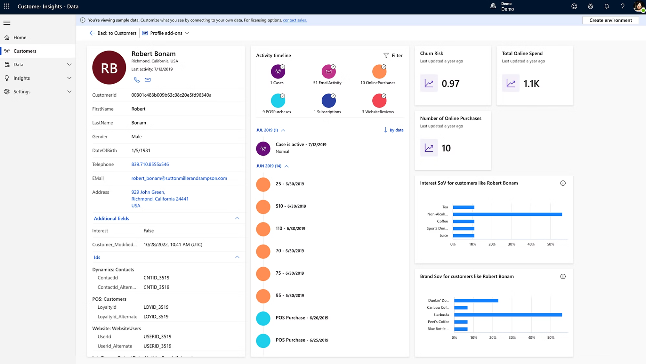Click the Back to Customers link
click(x=113, y=33)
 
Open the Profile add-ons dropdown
click(x=166, y=33)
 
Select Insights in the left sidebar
click(x=22, y=78)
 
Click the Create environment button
click(x=610, y=20)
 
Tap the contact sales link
click(x=295, y=20)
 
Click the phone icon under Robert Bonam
click(x=137, y=80)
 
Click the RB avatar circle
click(x=109, y=68)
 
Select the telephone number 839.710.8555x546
click(x=150, y=164)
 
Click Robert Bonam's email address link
click(x=179, y=178)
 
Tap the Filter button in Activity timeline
click(x=393, y=55)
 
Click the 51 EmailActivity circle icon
click(x=328, y=72)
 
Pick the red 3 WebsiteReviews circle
click(x=379, y=101)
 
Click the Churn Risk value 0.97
click(x=450, y=84)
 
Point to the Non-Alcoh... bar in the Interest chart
click(x=507, y=214)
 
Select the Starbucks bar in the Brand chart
click(x=508, y=315)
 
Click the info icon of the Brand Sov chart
click(x=563, y=277)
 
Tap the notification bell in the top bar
click(x=607, y=6)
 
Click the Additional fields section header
click(x=112, y=218)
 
